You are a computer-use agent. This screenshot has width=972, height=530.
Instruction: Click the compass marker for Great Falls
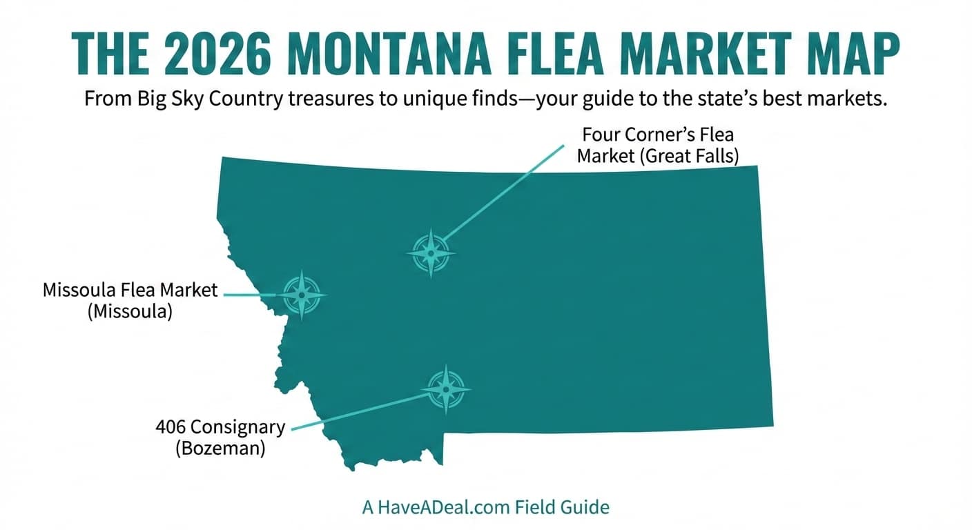point(431,253)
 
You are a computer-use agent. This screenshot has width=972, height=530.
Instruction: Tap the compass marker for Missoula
point(302,295)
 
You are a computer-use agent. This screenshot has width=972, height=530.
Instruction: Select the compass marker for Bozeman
point(446,390)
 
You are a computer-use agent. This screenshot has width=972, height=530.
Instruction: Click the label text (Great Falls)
point(688,156)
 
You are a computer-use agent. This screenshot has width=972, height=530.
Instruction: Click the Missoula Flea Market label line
point(130,290)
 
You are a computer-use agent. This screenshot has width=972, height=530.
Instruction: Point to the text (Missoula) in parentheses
point(130,311)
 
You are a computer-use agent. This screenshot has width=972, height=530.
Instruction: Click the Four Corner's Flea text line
point(657,134)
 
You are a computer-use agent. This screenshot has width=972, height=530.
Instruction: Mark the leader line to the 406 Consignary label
point(359,411)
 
